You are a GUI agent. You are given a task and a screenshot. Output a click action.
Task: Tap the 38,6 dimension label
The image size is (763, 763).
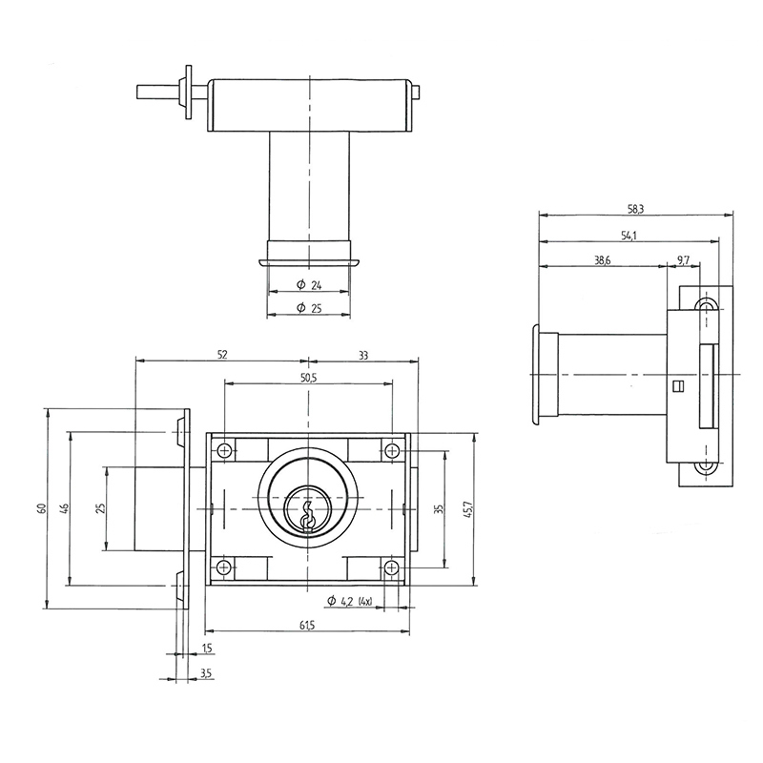pyautogui.click(x=602, y=260)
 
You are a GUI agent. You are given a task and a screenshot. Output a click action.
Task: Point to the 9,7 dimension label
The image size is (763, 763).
pyautogui.click(x=684, y=260)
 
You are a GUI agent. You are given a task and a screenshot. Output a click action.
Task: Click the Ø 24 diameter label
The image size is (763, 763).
pyautogui.click(x=308, y=285)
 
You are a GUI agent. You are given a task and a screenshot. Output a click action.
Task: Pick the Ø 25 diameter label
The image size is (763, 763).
pyautogui.click(x=308, y=307)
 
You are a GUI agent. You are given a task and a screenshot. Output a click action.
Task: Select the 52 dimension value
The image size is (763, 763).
pyautogui.click(x=222, y=355)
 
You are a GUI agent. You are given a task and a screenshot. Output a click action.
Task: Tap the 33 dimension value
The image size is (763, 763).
pyautogui.click(x=363, y=355)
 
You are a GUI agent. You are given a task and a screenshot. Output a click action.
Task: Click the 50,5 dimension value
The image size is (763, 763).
pyautogui.click(x=308, y=379)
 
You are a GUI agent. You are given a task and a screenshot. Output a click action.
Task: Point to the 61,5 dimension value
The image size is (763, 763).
pyautogui.click(x=307, y=625)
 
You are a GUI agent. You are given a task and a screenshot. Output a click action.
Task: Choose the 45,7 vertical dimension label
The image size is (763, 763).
pyautogui.click(x=466, y=509)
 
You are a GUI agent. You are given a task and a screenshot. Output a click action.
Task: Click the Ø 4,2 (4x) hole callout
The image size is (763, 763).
pyautogui.click(x=349, y=601)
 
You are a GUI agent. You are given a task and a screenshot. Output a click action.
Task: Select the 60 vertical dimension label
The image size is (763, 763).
pyautogui.click(x=41, y=509)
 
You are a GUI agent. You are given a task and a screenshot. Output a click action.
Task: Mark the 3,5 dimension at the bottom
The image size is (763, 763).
pyautogui.click(x=206, y=674)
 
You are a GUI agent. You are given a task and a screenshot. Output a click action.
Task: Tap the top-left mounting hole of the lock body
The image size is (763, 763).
pyautogui.click(x=224, y=451)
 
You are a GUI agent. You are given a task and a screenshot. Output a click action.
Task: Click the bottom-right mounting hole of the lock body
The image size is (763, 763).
pyautogui.click(x=392, y=568)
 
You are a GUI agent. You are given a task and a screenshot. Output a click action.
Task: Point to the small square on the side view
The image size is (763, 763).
pyautogui.click(x=678, y=386)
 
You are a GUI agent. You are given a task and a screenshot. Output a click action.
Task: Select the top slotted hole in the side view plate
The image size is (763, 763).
pyautogui.click(x=707, y=305)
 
